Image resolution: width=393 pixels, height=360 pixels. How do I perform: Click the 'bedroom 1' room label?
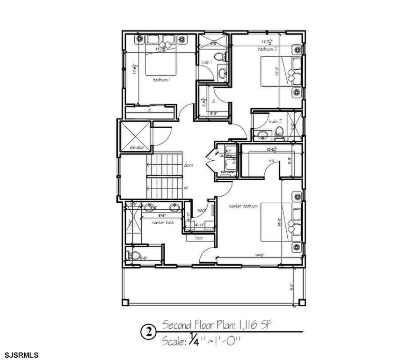161,80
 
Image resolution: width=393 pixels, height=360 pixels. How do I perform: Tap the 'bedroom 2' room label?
269,48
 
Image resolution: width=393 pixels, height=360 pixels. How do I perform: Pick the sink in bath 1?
223,73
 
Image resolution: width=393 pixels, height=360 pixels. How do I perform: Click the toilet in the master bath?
135,256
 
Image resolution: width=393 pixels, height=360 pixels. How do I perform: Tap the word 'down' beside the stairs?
189,165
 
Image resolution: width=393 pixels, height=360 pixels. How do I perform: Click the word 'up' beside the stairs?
186,187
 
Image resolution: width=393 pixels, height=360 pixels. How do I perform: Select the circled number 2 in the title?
149,333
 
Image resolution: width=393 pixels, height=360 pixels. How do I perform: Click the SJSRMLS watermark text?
22,354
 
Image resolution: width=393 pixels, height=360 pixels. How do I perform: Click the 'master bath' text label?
162,223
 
